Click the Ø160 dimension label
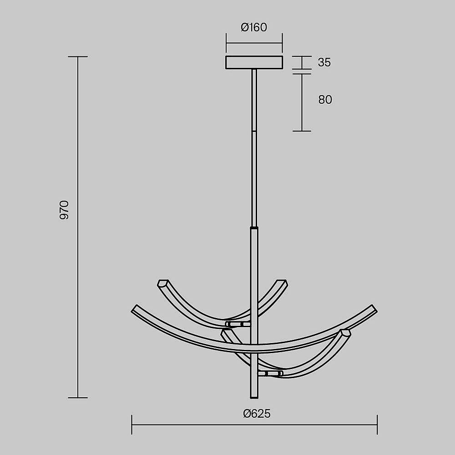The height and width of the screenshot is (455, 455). (x=254, y=27)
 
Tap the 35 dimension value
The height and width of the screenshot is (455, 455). (x=324, y=62)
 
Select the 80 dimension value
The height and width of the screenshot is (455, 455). (x=325, y=100)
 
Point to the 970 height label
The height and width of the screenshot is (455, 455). (x=64, y=210)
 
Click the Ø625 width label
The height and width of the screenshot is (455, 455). (x=257, y=414)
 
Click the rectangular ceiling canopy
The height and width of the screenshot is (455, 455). (x=254, y=62)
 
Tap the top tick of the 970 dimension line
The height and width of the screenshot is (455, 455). (x=78, y=56)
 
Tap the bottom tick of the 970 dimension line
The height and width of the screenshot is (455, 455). (x=78, y=398)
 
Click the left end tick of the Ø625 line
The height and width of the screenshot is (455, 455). (x=132, y=425)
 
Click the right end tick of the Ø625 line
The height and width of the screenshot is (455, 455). (x=377, y=425)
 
